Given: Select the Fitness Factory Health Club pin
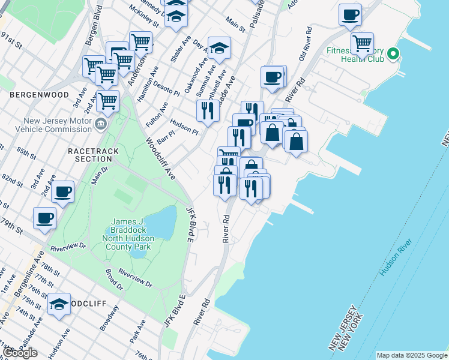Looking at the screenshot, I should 393,55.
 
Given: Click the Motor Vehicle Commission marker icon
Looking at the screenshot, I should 100,125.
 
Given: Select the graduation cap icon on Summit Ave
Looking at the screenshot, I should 219,49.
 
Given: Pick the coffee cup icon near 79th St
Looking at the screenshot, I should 44,218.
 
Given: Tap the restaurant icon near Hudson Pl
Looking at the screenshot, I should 208,111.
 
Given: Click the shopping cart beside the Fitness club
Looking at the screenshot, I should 362,44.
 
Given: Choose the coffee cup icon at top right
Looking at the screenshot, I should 350,15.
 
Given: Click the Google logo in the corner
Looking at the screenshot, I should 20,352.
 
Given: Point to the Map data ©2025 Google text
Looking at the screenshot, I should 412,355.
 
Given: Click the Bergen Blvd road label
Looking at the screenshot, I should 97,22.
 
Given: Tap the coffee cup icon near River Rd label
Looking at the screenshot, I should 273,77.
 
